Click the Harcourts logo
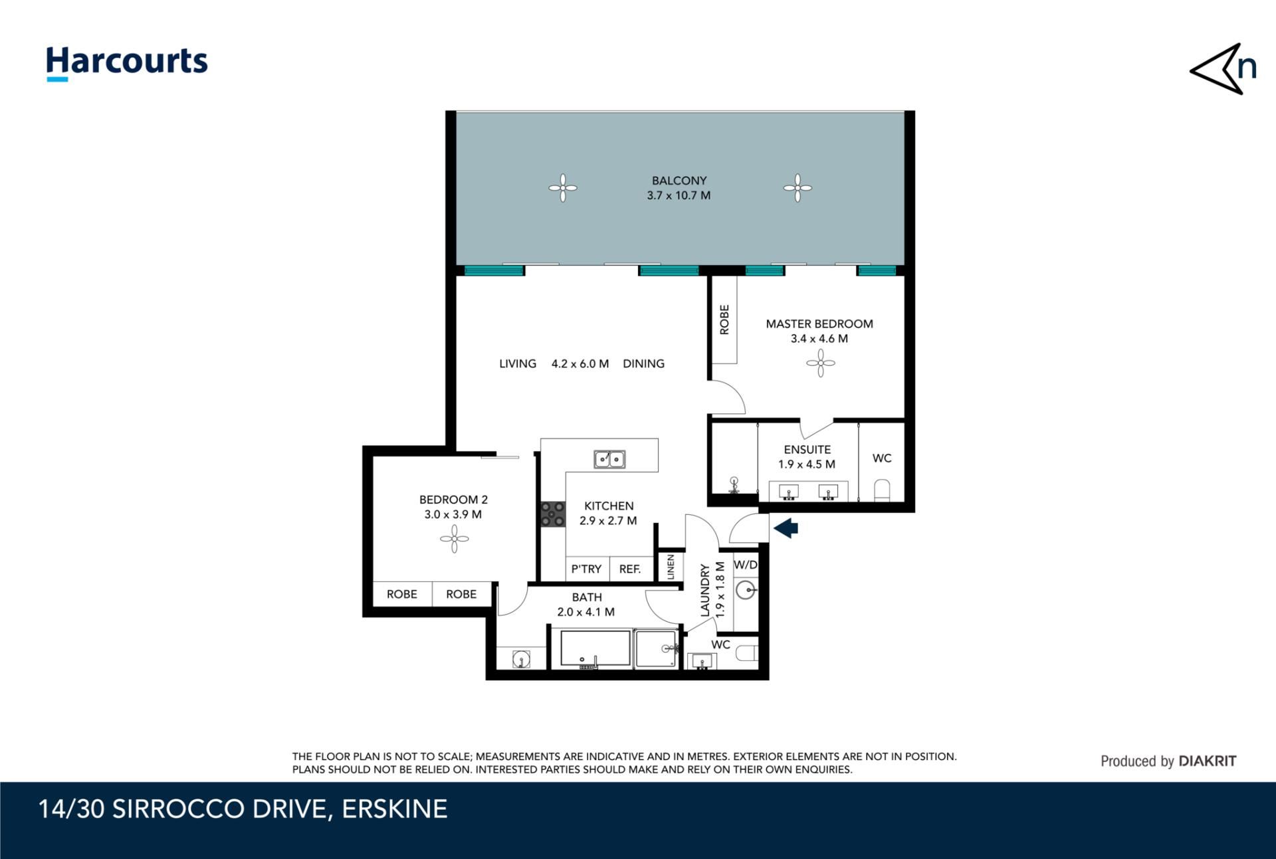126,64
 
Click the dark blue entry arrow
786,528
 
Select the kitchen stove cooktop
552,514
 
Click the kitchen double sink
609,458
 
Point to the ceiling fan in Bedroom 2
455,539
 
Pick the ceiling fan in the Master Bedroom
821,363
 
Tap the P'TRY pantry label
586,569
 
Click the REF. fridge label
630,569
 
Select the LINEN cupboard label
671,567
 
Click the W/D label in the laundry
746,565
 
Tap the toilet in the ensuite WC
882,490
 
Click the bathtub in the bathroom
595,648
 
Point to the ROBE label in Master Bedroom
724,320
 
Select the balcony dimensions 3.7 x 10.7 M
679,195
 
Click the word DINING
643,363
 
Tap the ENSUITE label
807,450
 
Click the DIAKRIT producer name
1208,761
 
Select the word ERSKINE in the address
395,809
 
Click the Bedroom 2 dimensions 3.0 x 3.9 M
453,514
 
